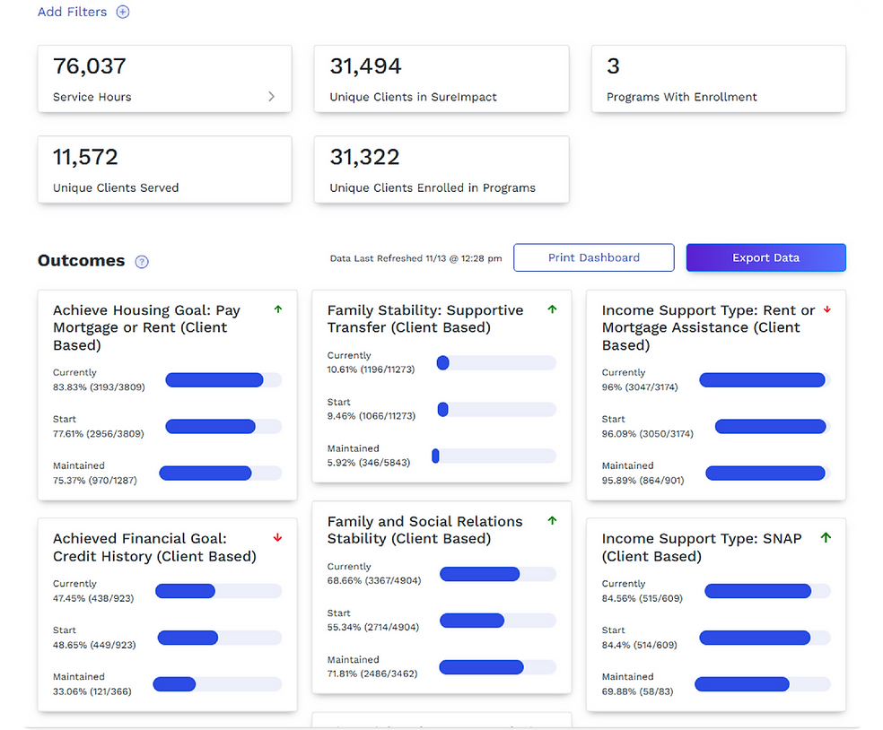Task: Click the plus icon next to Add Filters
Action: (123, 13)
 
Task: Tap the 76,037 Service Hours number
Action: (90, 66)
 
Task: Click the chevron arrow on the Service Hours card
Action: (272, 97)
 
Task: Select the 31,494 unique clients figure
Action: (365, 66)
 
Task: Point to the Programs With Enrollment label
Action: (681, 97)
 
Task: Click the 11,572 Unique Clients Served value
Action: (85, 157)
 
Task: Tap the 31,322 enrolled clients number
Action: (365, 157)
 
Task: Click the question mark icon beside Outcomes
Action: (142, 262)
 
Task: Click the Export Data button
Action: (765, 257)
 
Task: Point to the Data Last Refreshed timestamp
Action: (415, 258)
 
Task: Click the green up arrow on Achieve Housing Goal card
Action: (278, 309)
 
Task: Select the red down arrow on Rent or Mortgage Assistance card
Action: (827, 309)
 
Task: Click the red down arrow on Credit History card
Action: (278, 538)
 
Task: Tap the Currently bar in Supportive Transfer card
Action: (495, 362)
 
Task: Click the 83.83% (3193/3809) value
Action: (99, 387)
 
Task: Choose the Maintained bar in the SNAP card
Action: (762, 684)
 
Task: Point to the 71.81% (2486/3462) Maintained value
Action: (372, 674)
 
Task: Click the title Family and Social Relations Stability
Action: (424, 530)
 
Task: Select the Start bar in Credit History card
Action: (219, 638)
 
